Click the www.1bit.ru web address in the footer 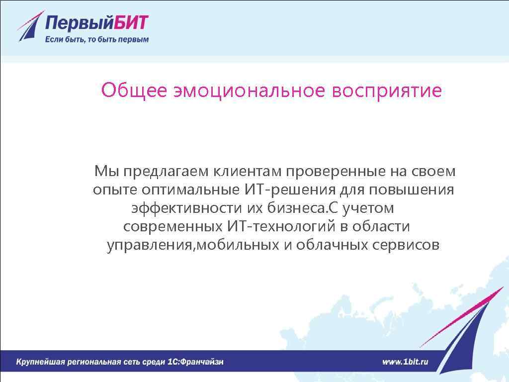coord(405,362)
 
